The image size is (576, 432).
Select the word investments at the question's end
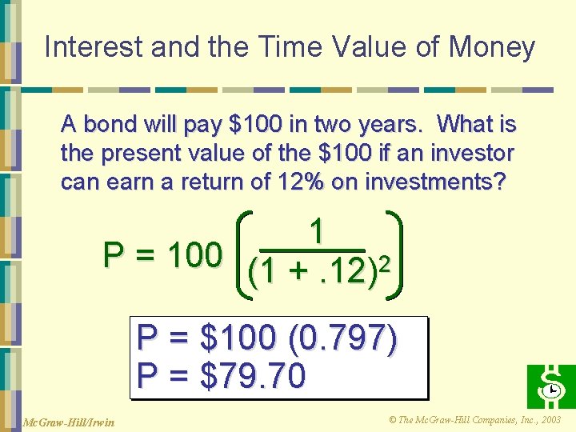435,182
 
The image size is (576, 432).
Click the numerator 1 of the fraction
318,232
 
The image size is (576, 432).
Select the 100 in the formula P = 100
194,255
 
